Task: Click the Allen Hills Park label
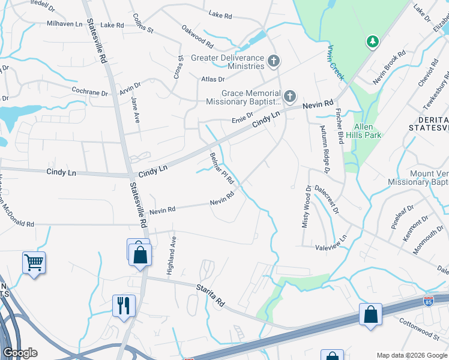click(x=364, y=131)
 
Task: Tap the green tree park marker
click(x=373, y=41)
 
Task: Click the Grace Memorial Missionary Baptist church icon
click(x=290, y=96)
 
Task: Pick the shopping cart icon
click(x=34, y=262)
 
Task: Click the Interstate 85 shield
click(x=429, y=299)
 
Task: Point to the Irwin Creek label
click(x=336, y=62)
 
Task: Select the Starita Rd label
click(x=210, y=296)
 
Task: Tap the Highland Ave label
click(x=172, y=253)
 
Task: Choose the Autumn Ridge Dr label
click(x=319, y=154)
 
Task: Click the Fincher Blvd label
click(x=340, y=127)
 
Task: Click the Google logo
click(x=20, y=353)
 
